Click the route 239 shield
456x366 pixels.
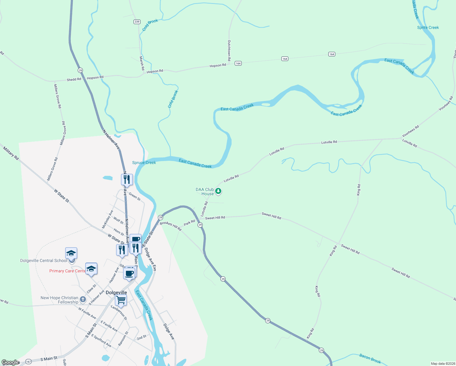point(137,22)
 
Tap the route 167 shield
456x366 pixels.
point(28,361)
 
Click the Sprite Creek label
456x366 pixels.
point(428,27)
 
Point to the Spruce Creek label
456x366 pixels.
point(144,163)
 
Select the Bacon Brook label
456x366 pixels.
point(370,358)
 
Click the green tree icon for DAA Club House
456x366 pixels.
point(218,191)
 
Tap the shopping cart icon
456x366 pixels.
point(121,300)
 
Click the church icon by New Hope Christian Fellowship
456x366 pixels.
point(83,299)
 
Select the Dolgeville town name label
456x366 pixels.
point(116,292)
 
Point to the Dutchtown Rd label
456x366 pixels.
point(229,50)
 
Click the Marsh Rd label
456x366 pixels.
point(142,63)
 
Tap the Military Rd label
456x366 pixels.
point(11,153)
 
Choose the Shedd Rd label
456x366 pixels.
point(74,79)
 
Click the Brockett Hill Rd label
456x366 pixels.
point(171,226)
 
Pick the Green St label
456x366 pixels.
point(134,196)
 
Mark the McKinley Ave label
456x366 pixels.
point(108,219)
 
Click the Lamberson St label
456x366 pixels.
point(119,312)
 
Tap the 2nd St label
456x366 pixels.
point(141,337)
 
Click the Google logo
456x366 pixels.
point(10,362)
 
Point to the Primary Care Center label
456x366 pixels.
point(67,271)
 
